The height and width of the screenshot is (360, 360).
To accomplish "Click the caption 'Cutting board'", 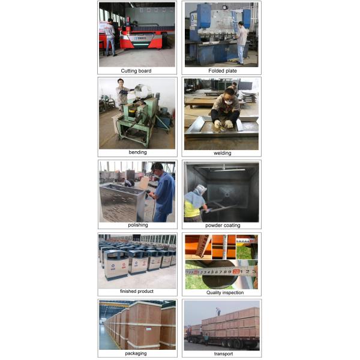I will pos(136,71).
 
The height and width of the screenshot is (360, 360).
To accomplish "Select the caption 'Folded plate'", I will pos(223,71).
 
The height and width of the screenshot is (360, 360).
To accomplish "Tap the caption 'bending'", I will pos(137,152).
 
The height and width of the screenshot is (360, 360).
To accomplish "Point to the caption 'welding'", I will pos(222,153).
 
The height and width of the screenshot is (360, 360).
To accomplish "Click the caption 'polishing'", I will pos(137,225).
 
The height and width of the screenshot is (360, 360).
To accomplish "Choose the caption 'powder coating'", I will pos(223,226).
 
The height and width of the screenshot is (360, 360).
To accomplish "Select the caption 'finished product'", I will pos(137,292).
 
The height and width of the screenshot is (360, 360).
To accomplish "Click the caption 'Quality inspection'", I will pos(223,293).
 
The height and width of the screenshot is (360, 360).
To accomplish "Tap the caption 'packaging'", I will pos(137,353).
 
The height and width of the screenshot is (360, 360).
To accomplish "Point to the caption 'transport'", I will pos(223,354).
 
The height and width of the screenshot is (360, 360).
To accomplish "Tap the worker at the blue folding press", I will pos(241,41).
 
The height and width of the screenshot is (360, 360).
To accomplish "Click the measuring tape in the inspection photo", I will pos(222,271).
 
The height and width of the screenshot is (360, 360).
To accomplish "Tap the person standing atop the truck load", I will pos(218,311).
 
